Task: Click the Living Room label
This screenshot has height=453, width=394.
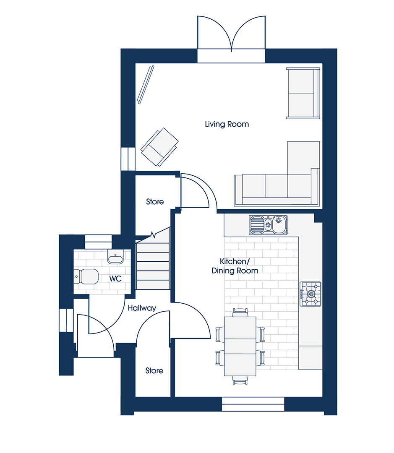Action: (227, 124)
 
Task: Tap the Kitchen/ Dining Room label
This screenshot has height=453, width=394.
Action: (235, 266)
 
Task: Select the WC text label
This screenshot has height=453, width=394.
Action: (115, 279)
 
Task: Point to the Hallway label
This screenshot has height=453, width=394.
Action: (142, 308)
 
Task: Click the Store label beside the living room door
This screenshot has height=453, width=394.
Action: (155, 202)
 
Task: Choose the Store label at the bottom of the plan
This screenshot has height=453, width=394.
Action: (154, 371)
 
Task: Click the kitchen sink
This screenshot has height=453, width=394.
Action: (268, 225)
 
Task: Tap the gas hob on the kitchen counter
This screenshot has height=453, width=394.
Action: (311, 294)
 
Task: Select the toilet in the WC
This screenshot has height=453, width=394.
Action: (86, 276)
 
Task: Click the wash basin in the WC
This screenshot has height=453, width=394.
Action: (115, 257)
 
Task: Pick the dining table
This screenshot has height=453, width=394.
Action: (240, 346)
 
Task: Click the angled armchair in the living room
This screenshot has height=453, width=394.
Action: (159, 147)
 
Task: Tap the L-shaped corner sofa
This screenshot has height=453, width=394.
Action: (277, 174)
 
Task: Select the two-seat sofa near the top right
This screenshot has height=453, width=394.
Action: (303, 93)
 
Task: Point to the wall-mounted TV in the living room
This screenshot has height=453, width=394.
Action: (146, 85)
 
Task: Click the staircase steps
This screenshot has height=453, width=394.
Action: (153, 266)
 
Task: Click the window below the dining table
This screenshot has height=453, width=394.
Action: (253, 404)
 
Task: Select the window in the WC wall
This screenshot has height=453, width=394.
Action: (98, 242)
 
